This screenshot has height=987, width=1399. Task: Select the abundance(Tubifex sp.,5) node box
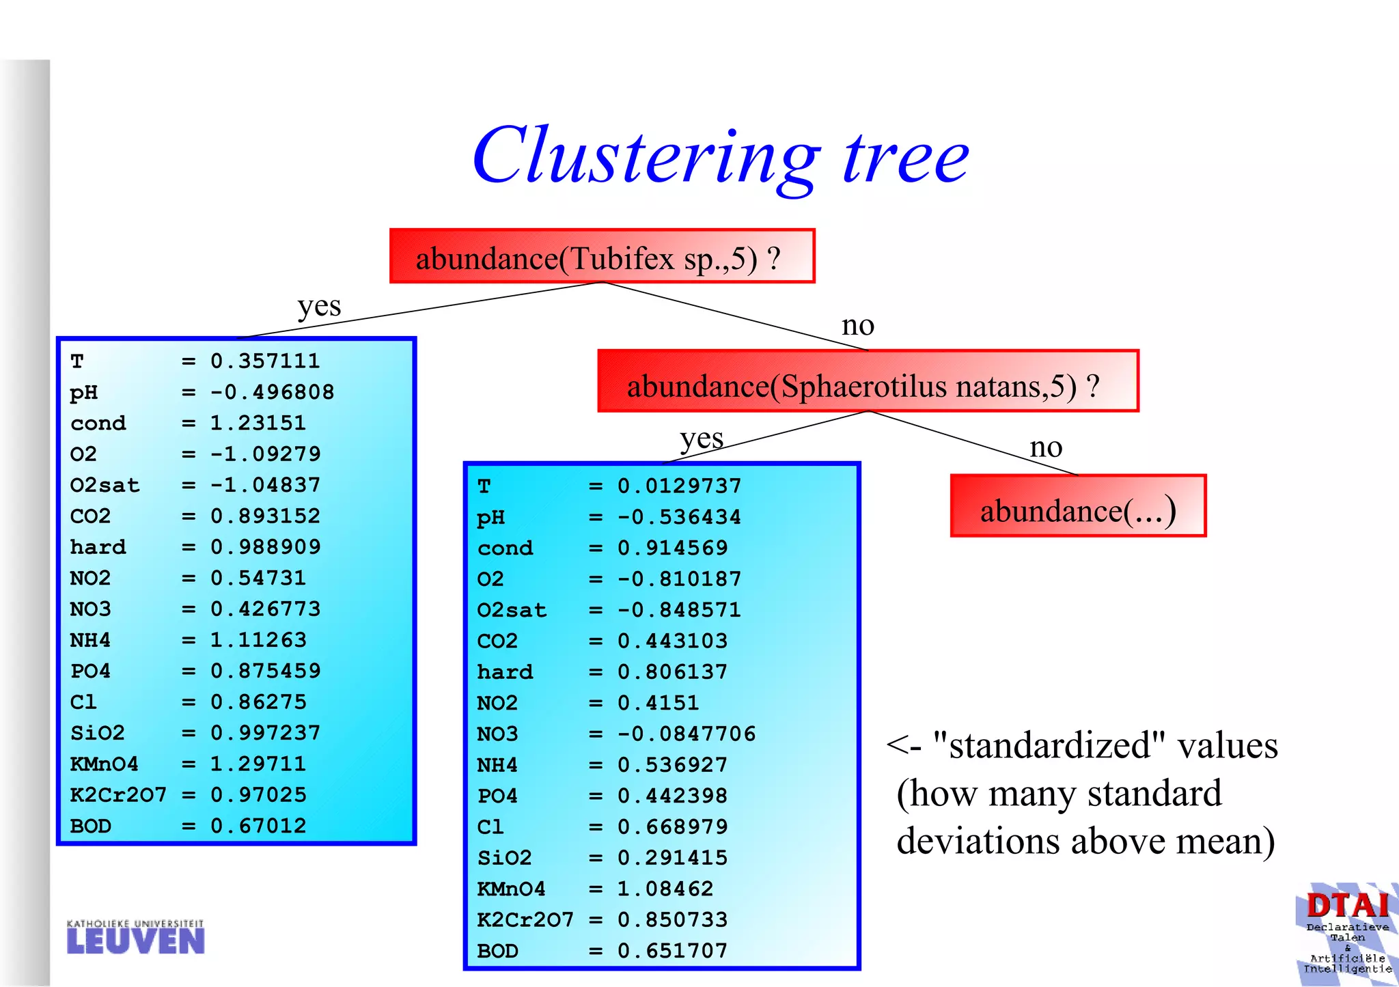tap(602, 257)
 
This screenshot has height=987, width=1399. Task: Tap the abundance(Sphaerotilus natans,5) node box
tap(868, 382)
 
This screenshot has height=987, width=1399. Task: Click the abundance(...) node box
tap(1078, 507)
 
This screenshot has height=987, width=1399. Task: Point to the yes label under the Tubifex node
tap(319, 307)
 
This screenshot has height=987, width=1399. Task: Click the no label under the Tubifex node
tap(857, 325)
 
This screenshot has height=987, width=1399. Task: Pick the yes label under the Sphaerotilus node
tap(702, 439)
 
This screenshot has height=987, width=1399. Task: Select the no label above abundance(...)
tap(1046, 447)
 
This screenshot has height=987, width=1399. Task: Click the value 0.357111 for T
tap(265, 361)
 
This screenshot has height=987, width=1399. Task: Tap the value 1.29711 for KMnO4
tap(258, 764)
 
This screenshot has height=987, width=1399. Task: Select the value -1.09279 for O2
tap(265, 454)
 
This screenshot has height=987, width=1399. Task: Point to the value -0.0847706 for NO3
tap(687, 734)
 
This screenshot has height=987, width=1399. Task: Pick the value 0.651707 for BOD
tap(672, 950)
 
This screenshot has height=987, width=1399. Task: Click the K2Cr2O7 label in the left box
tap(118, 794)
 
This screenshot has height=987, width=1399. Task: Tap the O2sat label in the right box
tap(512, 610)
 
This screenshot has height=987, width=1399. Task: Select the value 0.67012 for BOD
tap(258, 826)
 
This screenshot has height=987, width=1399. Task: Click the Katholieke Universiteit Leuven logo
tap(135, 937)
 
